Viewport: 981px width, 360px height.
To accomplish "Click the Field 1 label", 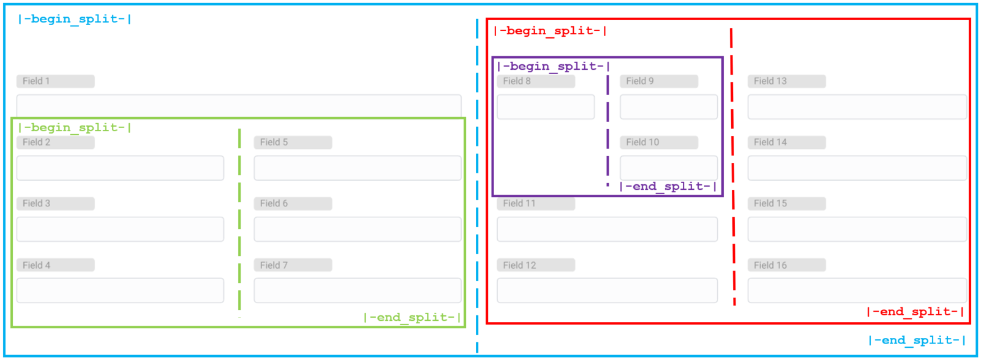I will pos(55,81).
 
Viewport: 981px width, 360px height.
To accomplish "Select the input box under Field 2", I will pos(120,168).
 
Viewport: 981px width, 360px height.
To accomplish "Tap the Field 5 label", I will pos(293,142).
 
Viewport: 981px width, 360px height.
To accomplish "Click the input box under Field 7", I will pos(358,290).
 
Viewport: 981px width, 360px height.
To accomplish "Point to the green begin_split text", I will pos(75,127).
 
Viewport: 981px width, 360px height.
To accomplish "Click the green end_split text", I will pos(412,317).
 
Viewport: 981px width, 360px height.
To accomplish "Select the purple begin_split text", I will pos(554,66).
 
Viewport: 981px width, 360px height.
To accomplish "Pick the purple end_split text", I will pos(668,186).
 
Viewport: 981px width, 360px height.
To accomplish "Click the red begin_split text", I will pos(550,31).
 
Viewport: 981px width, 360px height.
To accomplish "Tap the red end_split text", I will pos(915,312).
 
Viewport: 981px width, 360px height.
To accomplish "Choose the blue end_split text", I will pos(917,340).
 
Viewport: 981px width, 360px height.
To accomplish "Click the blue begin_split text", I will pos(75,19).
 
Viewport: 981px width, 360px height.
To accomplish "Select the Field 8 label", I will pos(536,81).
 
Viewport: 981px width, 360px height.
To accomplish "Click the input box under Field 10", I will pos(669,168).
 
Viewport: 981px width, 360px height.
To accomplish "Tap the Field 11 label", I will pos(536,203).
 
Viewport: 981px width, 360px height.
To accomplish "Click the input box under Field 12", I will pos(607,290).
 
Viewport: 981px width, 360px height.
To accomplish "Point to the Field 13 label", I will pos(786,81).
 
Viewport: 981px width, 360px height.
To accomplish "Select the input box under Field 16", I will pos(857,290).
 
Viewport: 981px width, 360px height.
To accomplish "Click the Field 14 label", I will pos(786,142).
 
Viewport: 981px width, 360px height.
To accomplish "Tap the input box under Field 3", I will pos(120,229).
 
